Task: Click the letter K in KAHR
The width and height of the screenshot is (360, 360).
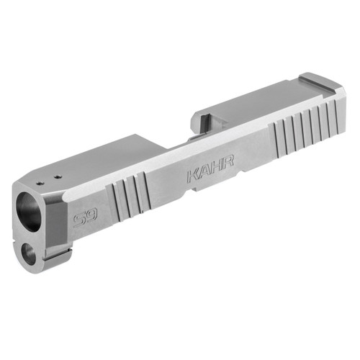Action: (x=192, y=176)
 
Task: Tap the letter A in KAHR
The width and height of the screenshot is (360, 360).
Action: (x=204, y=172)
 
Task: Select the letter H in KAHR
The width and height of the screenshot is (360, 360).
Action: (x=215, y=168)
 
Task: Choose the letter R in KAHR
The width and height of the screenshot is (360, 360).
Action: (x=227, y=164)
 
